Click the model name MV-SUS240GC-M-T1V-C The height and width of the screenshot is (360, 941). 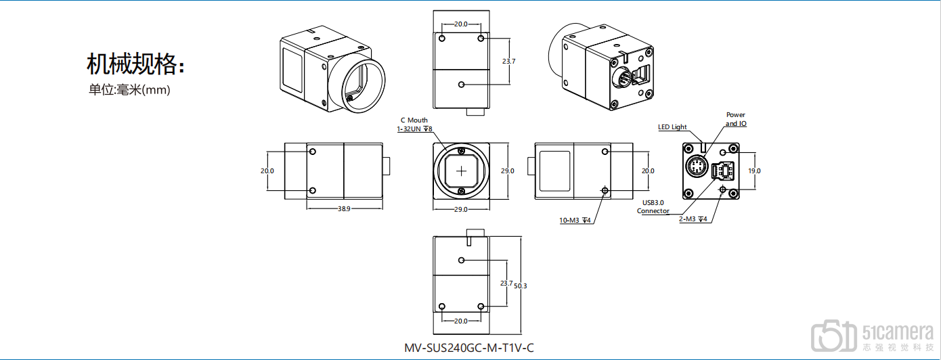[x=469, y=348]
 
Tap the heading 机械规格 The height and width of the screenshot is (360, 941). [x=135, y=64]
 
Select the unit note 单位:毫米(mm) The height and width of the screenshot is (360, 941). [x=129, y=89]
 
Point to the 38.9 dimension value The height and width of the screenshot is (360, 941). [x=344, y=208]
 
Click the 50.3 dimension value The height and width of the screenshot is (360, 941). [x=520, y=286]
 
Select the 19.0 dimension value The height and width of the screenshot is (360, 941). [x=754, y=171]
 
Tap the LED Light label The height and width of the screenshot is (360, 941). [x=672, y=127]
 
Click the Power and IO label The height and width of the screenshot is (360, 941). [x=736, y=119]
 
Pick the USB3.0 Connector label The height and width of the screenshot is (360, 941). [x=653, y=206]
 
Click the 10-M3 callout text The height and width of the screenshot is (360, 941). [x=575, y=220]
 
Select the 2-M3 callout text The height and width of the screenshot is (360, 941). [x=693, y=219]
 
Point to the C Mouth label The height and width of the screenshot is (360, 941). [x=414, y=120]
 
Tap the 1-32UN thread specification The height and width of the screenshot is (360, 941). [x=414, y=129]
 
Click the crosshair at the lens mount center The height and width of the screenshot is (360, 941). [x=461, y=171]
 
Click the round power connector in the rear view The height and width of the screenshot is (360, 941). [x=697, y=166]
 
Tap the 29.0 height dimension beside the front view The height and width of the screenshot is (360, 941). [x=508, y=171]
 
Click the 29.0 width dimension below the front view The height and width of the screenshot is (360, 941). [x=461, y=209]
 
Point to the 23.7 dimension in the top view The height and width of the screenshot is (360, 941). [x=508, y=61]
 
